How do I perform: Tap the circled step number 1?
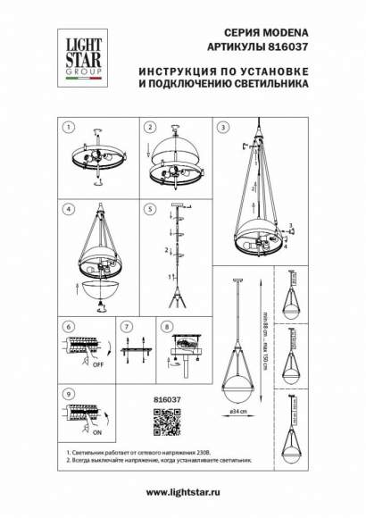pyautogui.click(x=70, y=127)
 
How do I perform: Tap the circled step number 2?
pyautogui.click(x=151, y=127)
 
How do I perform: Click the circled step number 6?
pyautogui.click(x=70, y=328)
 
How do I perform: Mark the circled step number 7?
pyautogui.click(x=127, y=328)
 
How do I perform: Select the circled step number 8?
pyautogui.click(x=167, y=328)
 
